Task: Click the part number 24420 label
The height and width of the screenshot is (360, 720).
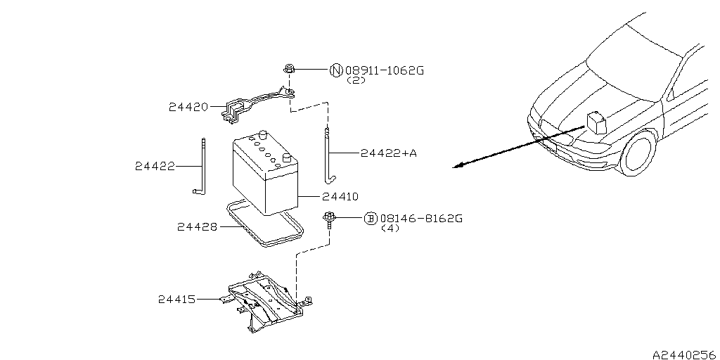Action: [x=188, y=108]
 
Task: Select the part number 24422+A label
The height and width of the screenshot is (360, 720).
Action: [x=388, y=153]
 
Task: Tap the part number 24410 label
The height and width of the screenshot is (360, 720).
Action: [x=340, y=196]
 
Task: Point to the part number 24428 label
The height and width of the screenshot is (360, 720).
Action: [x=196, y=226]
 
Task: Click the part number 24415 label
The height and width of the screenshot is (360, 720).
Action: [x=177, y=300]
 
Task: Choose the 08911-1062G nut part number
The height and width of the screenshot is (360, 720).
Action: [x=385, y=70]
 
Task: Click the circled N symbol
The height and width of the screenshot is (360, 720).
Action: [x=335, y=70]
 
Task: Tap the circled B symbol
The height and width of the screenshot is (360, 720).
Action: [x=371, y=219]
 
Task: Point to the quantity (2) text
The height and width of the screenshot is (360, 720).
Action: [x=356, y=81]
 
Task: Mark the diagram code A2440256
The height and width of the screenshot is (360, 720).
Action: [x=681, y=355]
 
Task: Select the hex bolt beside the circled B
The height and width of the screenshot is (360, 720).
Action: [x=328, y=219]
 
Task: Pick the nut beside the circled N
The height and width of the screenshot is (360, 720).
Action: [x=289, y=69]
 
